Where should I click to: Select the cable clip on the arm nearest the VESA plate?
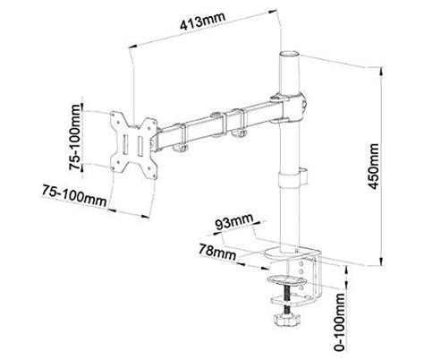coord(176,136)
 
